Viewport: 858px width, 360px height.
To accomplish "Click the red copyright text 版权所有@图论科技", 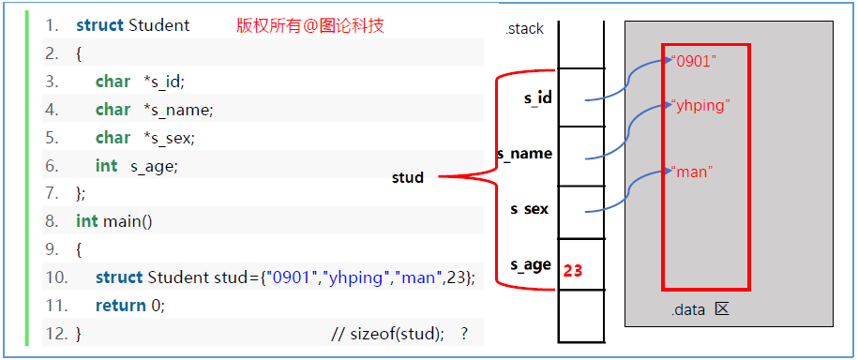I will [309, 25].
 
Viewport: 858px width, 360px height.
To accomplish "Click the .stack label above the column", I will [524, 29].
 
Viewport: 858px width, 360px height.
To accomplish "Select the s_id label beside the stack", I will [537, 97].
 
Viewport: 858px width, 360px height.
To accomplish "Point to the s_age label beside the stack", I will [530, 264].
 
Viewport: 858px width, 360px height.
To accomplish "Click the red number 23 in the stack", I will [573, 271].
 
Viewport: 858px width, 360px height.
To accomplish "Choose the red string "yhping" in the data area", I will [700, 105].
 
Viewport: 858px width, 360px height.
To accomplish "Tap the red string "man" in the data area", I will [692, 172].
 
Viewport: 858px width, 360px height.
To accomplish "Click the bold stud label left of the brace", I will [408, 177].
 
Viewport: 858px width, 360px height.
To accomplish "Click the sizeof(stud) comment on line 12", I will [399, 333].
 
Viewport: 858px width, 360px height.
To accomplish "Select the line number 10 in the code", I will [56, 277].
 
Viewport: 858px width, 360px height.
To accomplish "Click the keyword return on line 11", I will [120, 306].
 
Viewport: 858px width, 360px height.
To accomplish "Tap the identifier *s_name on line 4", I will [179, 110].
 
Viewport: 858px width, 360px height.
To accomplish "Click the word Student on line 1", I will [159, 25].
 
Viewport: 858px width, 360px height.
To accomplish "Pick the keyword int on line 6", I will [107, 166].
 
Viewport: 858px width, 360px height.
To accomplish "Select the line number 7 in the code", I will [53, 193].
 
